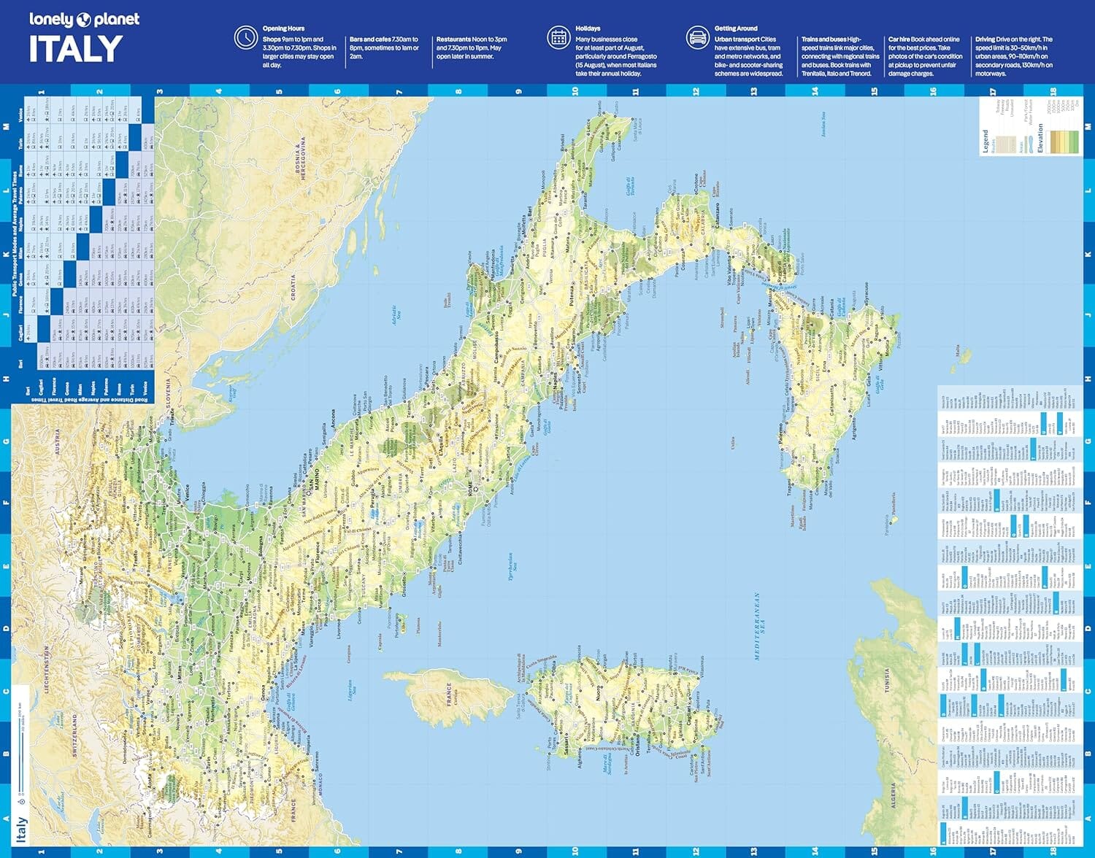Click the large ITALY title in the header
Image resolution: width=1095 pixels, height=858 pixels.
[x=76, y=50]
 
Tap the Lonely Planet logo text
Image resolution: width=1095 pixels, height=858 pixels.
[x=84, y=20]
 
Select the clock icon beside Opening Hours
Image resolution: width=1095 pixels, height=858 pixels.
[x=245, y=37]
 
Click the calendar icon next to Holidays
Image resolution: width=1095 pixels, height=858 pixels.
[x=558, y=37]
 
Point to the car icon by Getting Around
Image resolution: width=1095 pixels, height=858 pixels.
[x=697, y=37]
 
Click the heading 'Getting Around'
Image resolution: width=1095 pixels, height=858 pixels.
[x=736, y=28]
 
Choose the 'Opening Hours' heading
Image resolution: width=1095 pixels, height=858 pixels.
[x=284, y=28]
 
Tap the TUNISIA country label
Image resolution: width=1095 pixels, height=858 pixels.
[x=888, y=684]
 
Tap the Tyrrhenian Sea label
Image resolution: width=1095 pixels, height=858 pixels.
[x=512, y=562]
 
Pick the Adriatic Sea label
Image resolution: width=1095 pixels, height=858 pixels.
[x=396, y=316]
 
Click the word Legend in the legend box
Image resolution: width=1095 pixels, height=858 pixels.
[x=985, y=142]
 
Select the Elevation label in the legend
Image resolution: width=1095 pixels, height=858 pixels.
[x=1040, y=139]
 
